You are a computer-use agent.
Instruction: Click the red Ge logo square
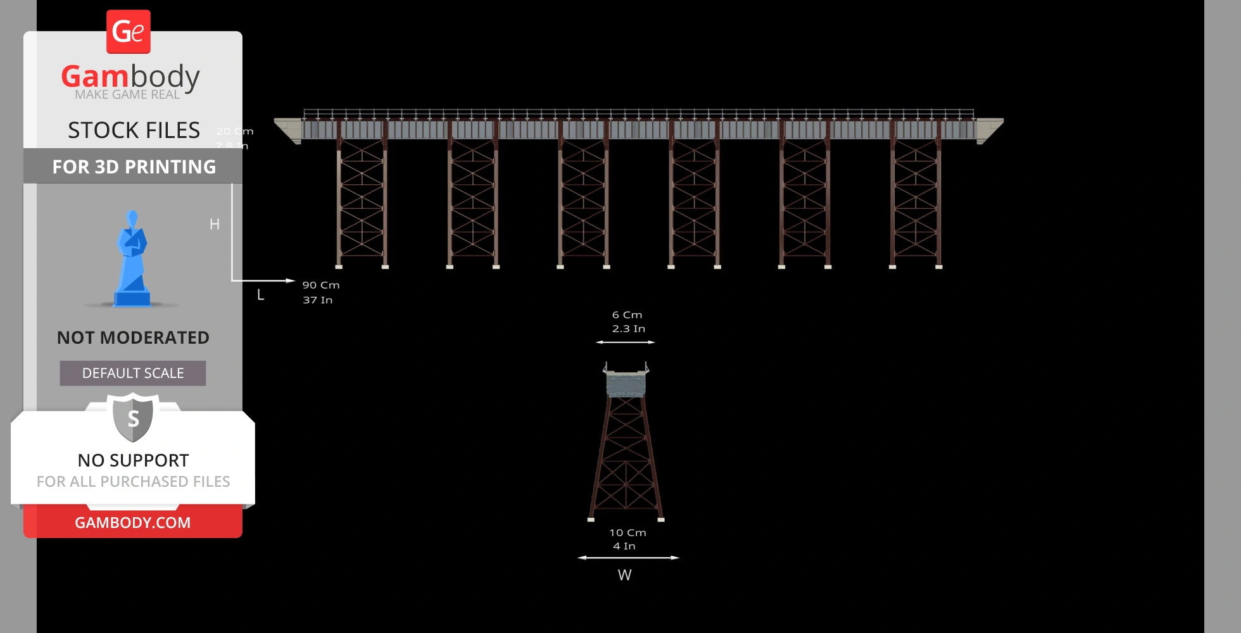[x=129, y=32]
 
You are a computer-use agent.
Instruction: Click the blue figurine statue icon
[x=132, y=260]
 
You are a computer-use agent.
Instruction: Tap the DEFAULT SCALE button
[x=133, y=373]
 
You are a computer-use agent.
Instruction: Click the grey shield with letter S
[x=133, y=418]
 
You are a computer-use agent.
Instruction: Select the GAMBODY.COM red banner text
[x=133, y=523]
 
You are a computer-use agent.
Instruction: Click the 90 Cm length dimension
[x=321, y=285]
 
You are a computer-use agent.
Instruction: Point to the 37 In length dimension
[x=317, y=300]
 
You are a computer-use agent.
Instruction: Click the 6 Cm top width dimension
[x=627, y=315]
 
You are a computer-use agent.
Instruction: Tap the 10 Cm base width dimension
[x=627, y=533]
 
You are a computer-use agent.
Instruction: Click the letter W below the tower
[x=624, y=575]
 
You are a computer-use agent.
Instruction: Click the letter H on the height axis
[x=215, y=224]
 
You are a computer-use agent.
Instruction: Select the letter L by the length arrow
[x=260, y=295]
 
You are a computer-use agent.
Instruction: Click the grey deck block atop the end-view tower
[x=626, y=384]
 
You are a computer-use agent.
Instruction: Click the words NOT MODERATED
[x=133, y=337]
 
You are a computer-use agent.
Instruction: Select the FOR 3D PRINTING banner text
[x=134, y=166]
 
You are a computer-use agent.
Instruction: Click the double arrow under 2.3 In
[x=626, y=342]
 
